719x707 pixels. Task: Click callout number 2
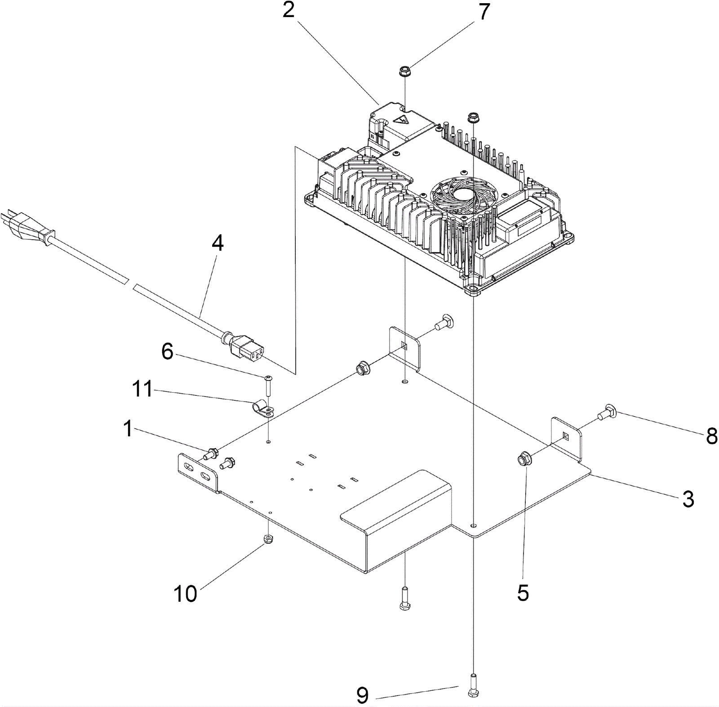(x=288, y=10)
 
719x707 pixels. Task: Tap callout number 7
(x=483, y=12)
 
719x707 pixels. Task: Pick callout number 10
(x=185, y=594)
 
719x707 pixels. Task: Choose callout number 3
(x=688, y=499)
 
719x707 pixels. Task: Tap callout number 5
(x=523, y=593)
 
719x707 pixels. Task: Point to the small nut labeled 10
(x=268, y=539)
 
